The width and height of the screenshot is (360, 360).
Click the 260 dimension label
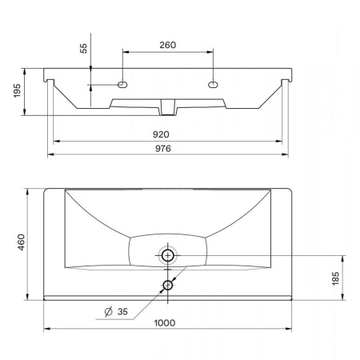[x=168, y=45]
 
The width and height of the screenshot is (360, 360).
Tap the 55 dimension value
[x=83, y=48]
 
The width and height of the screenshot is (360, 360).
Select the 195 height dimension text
[x=17, y=90]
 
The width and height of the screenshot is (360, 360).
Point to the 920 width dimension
[x=161, y=134]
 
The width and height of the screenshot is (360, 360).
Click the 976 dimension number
[x=163, y=149]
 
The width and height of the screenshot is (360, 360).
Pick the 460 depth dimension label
[x=21, y=242]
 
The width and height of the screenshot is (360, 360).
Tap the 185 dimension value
[x=335, y=278]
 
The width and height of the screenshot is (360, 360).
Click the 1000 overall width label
[x=165, y=323]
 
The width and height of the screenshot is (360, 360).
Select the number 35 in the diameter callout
[x=122, y=311]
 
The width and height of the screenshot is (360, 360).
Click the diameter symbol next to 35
[x=109, y=311]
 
